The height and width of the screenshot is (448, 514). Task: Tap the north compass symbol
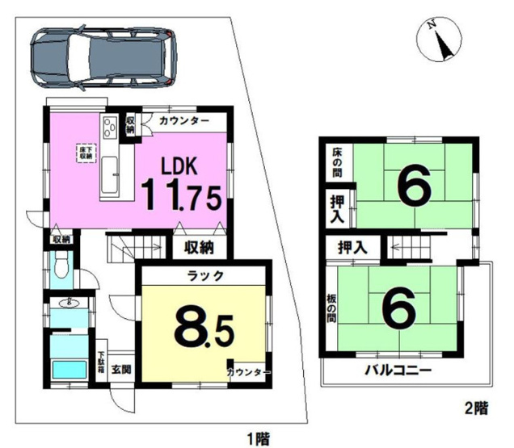point(437,40)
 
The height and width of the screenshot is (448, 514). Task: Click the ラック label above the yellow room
point(201,274)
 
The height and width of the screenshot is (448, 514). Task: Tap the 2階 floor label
point(477,408)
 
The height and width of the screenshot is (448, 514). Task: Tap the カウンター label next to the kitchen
point(184,121)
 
